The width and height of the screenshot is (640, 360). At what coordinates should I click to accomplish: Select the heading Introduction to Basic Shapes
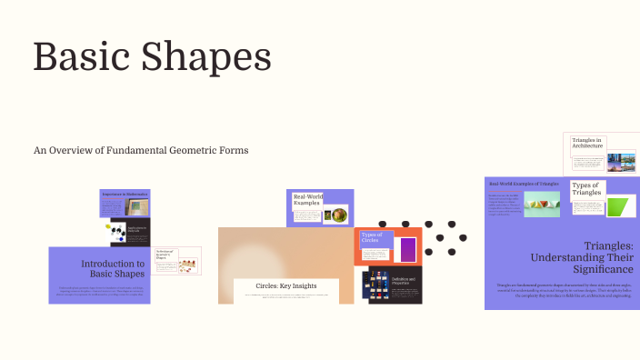(113, 268)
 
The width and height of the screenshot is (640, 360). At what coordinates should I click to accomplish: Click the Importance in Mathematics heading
(124, 195)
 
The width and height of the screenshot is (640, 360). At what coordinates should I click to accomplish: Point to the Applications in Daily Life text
(136, 229)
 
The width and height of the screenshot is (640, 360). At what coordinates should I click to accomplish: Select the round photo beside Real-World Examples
(339, 215)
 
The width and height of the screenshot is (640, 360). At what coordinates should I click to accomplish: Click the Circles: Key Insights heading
(286, 285)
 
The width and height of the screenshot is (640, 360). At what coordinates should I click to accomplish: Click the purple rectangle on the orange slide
(408, 249)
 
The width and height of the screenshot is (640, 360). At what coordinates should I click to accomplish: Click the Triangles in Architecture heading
(588, 143)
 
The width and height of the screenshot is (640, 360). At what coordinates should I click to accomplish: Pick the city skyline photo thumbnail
(625, 162)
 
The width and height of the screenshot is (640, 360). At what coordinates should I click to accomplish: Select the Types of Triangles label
(586, 189)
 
